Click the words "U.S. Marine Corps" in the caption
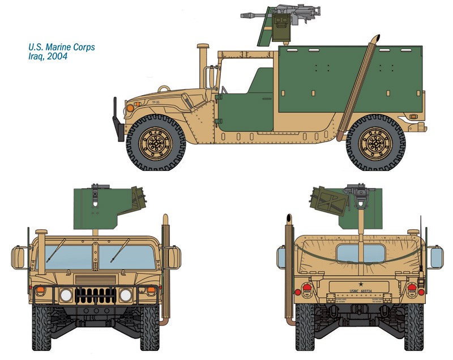[61, 47]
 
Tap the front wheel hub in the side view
[155, 144]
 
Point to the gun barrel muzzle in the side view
[242, 16]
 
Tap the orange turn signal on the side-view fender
[130, 107]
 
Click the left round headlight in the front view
[66, 295]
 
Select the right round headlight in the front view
[125, 295]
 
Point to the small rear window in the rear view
[358, 253]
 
